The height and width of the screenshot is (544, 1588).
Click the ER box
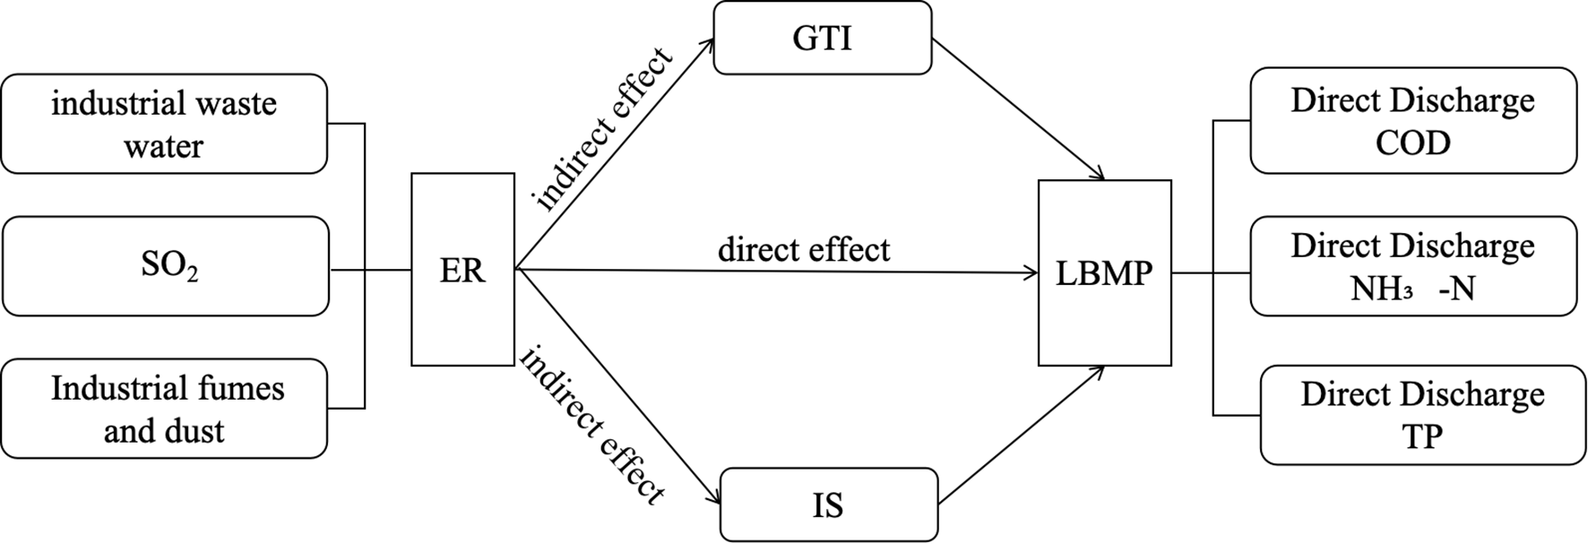pyautogui.click(x=462, y=270)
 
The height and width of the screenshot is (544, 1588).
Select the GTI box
pyautogui.click(x=822, y=39)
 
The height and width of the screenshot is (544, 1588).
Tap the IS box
pyautogui.click(x=828, y=505)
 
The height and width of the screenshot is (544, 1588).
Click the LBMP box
pyautogui.click(x=1104, y=272)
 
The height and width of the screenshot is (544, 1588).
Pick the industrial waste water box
pyautogui.click(x=164, y=124)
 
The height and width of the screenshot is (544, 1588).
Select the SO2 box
pyautogui.click(x=166, y=266)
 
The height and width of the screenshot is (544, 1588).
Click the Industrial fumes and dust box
pyautogui.click(x=164, y=409)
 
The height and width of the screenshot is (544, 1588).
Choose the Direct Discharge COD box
pyautogui.click(x=1412, y=120)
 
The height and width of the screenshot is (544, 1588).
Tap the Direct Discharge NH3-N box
pyautogui.click(x=1412, y=266)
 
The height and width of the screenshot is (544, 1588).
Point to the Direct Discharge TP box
pyautogui.click(x=1422, y=414)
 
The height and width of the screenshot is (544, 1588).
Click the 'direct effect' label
pyautogui.click(x=804, y=250)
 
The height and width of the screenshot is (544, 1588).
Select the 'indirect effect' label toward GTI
pyautogui.click(x=602, y=131)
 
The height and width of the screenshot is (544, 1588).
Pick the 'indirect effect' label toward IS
pyautogui.click(x=591, y=425)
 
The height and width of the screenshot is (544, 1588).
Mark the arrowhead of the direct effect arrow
pyautogui.click(x=1031, y=272)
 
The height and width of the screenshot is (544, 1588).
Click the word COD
pyautogui.click(x=1412, y=142)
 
